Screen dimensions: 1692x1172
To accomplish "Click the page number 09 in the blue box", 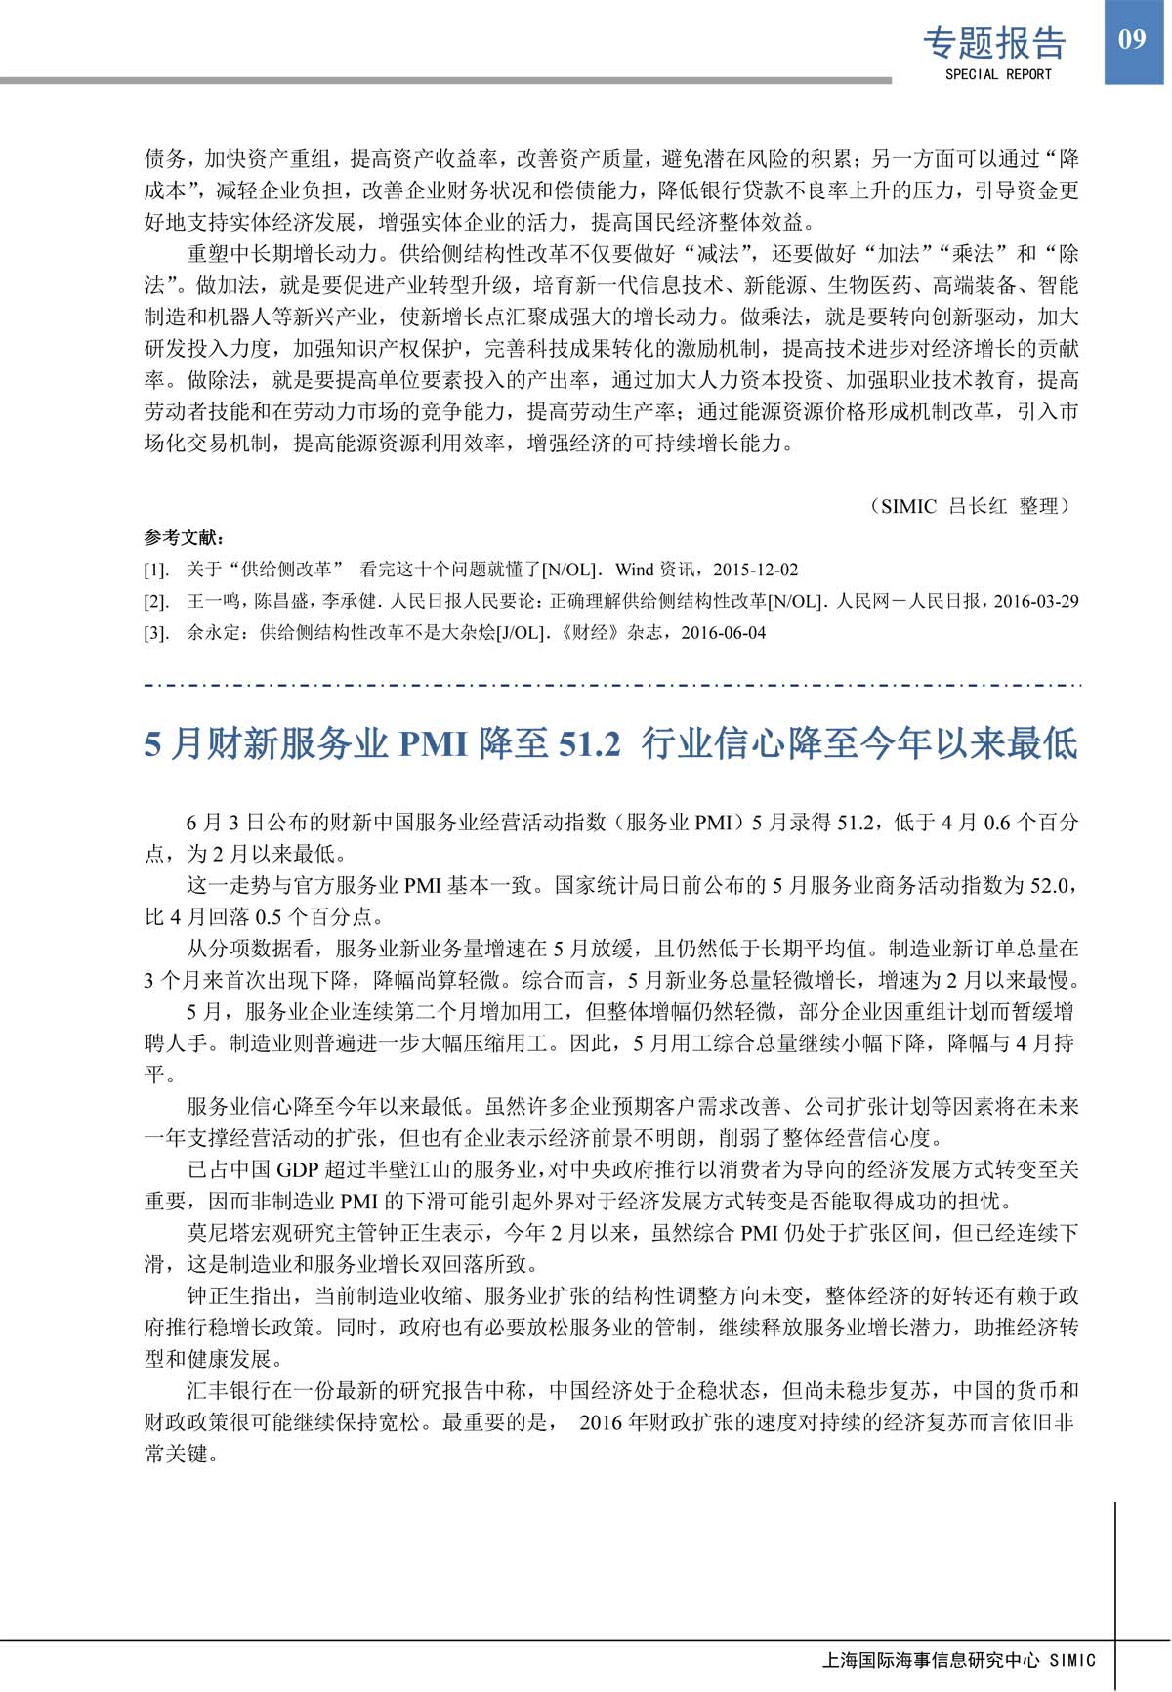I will pyautogui.click(x=1132, y=40).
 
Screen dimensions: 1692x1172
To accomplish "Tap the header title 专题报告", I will pyautogui.click(x=994, y=43).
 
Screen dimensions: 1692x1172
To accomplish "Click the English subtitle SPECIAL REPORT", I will pyautogui.click(x=998, y=74).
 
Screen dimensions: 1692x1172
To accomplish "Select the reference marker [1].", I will pyautogui.click(x=156, y=570).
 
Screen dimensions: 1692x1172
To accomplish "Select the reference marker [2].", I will pyautogui.click(x=156, y=601).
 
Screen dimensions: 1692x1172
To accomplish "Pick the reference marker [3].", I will pyautogui.click(x=156, y=633).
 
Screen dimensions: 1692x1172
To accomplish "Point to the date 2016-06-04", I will pyautogui.click(x=723, y=633).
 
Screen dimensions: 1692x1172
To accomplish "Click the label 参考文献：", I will pyautogui.click(x=184, y=538).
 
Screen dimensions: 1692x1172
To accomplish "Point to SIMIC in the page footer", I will pyautogui.click(x=1072, y=1660).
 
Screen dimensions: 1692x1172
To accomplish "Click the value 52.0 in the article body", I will pyautogui.click(x=1050, y=886).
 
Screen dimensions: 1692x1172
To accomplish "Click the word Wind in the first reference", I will pyautogui.click(x=635, y=570).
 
